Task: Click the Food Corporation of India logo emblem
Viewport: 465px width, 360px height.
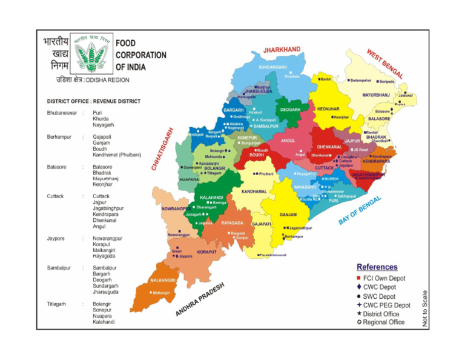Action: (x=91, y=53)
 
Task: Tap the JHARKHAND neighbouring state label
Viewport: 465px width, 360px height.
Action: (x=282, y=49)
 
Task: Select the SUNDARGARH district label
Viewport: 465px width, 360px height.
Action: (x=273, y=67)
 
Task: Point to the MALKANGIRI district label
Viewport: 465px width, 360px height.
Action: (x=163, y=281)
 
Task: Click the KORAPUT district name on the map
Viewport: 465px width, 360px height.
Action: (x=207, y=252)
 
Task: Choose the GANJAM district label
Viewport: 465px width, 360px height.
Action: (x=288, y=215)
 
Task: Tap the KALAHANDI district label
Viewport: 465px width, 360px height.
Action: (x=213, y=197)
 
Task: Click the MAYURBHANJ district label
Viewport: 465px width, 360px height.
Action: (x=376, y=95)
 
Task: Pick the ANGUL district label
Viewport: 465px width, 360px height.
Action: (x=288, y=140)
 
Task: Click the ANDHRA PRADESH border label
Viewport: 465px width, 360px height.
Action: (x=200, y=299)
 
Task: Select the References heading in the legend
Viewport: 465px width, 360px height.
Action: (x=377, y=267)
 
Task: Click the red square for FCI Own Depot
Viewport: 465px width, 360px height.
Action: (x=359, y=278)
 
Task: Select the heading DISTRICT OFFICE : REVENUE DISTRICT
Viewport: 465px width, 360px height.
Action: (x=93, y=101)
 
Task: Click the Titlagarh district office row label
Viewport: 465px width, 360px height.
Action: (x=58, y=304)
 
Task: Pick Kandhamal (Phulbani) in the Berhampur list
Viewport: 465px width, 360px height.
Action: (x=116, y=155)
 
